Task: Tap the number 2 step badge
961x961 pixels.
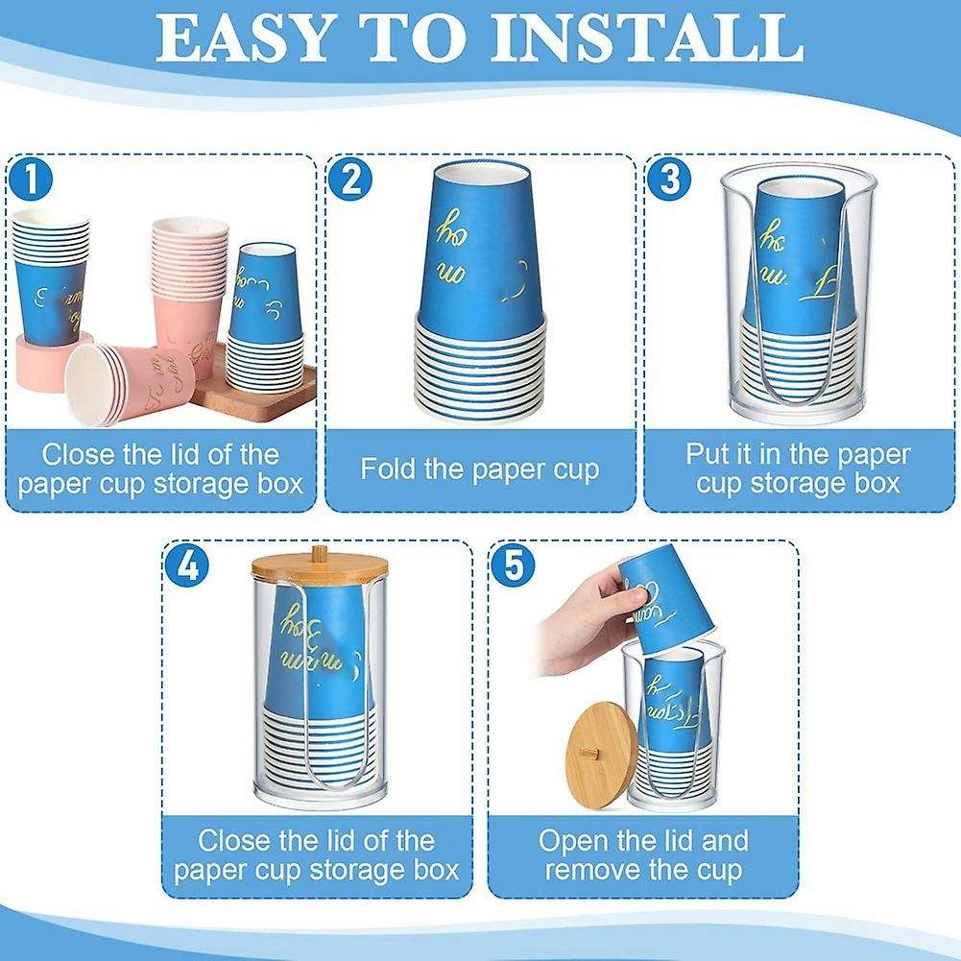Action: [x=350, y=180]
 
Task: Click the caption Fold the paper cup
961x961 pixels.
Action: [x=480, y=468]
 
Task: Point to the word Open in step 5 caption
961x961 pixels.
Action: [x=574, y=841]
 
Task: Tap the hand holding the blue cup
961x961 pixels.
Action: [x=581, y=619]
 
